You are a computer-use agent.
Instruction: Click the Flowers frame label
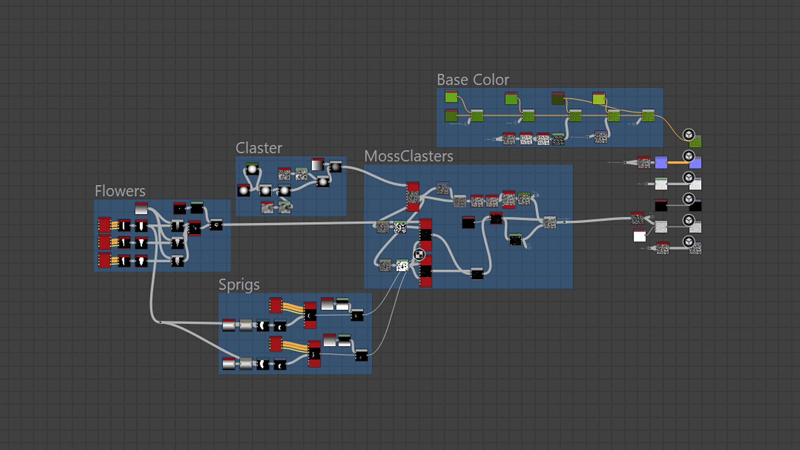coord(120,191)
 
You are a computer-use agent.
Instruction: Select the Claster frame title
coord(259,148)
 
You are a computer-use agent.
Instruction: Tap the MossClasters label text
coord(409,156)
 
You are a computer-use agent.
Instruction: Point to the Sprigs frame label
coord(239,285)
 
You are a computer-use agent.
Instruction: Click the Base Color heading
coord(473,80)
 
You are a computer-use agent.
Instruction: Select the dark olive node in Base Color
coord(558,98)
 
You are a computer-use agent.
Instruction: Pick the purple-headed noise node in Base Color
coord(601,136)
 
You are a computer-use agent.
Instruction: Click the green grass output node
coord(695,141)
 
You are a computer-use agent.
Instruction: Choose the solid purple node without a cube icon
coord(661,162)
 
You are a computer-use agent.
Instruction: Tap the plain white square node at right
coord(639,236)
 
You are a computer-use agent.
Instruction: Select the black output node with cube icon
coord(695,205)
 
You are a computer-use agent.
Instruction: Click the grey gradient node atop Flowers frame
coord(141,208)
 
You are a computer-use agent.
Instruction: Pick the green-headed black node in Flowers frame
coord(197,207)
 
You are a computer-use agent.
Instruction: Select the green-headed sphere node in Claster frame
coord(252,169)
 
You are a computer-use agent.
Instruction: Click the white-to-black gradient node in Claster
coord(317,165)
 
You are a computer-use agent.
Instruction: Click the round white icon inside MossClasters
coord(419,254)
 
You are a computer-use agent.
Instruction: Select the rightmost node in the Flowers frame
coord(216,225)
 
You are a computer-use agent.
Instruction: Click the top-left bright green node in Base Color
coord(451,97)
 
